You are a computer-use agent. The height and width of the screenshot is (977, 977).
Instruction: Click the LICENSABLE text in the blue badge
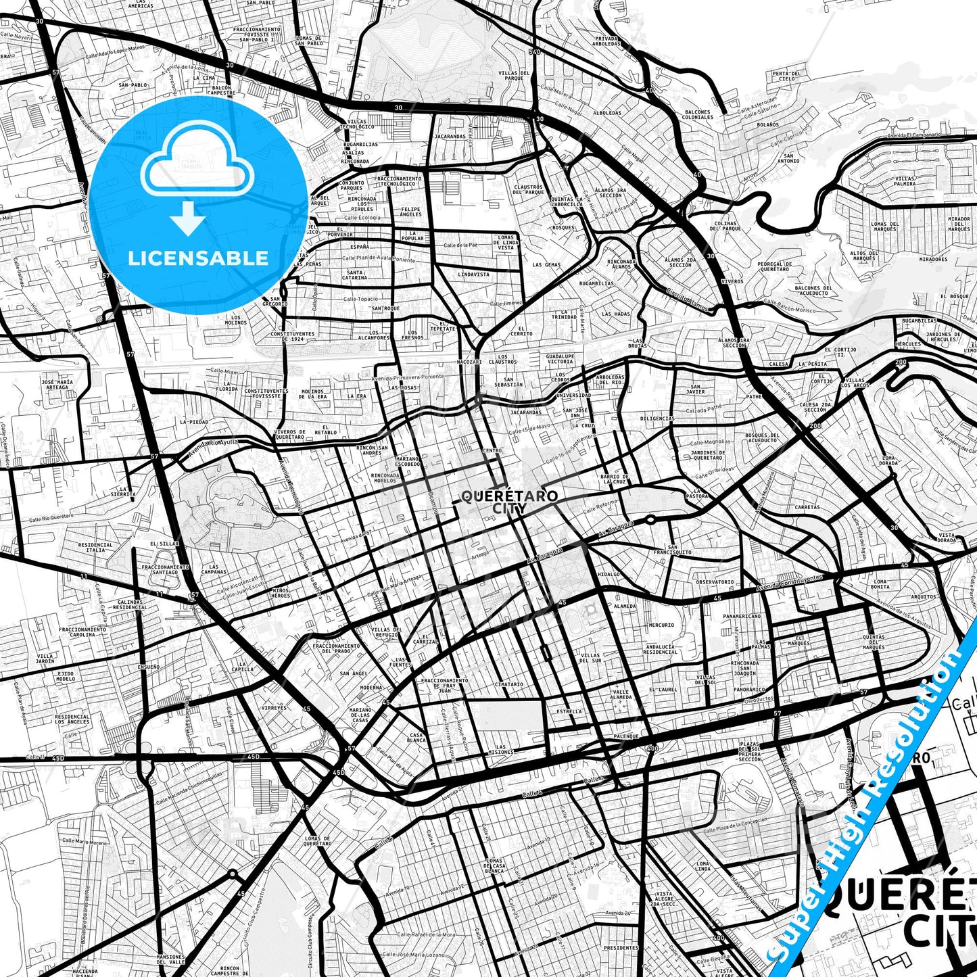point(198,258)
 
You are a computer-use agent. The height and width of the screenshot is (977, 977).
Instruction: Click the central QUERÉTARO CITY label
point(510,501)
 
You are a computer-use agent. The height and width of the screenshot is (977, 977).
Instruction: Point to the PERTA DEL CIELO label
point(786,76)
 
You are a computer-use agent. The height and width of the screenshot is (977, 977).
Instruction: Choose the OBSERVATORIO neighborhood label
point(715,581)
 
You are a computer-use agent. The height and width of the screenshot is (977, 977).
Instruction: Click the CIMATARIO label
point(508,684)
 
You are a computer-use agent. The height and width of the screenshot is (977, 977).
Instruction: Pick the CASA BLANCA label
point(416,737)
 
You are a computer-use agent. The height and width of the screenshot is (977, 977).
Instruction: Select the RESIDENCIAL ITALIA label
point(95,547)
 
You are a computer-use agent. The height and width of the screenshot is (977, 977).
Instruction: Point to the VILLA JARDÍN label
point(45,658)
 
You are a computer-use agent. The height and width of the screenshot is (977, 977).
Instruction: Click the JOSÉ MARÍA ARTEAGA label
point(56,384)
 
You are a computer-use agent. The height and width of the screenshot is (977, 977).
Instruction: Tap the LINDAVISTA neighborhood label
point(473,275)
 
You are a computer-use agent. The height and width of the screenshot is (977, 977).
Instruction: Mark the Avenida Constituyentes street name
point(789,581)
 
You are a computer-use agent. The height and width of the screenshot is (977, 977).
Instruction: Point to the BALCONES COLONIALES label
point(698,114)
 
